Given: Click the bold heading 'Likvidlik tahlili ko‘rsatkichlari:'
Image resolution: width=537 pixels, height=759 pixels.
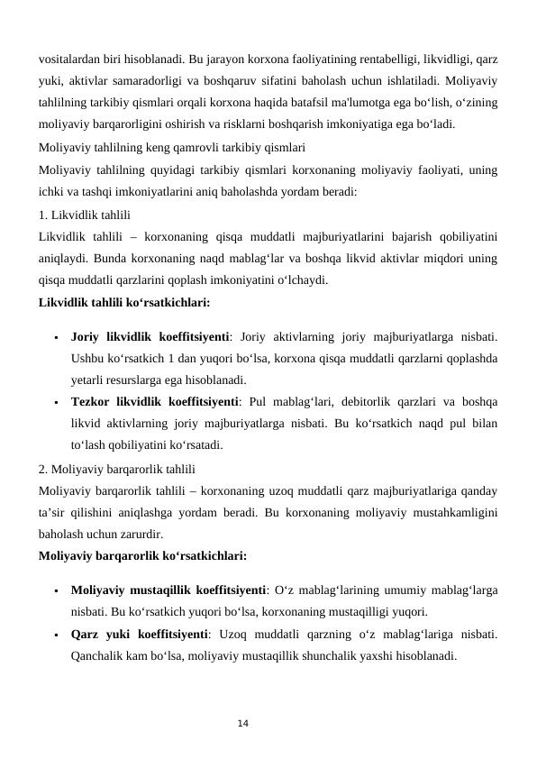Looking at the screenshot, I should click(x=124, y=303).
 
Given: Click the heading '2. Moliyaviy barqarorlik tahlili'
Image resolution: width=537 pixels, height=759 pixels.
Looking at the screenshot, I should click(x=117, y=469).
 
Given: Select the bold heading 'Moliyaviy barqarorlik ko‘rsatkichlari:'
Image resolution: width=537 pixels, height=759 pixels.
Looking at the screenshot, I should click(x=142, y=555).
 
